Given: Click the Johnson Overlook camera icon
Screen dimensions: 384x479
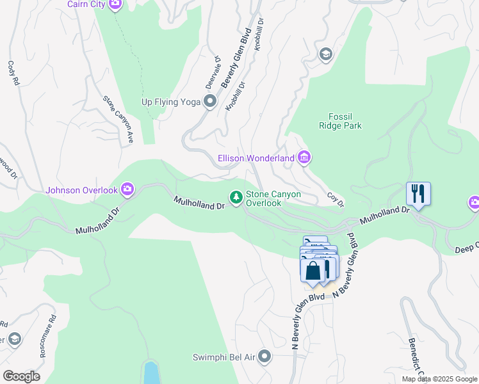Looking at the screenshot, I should click(x=127, y=189).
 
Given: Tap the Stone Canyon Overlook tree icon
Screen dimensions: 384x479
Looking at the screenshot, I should click(x=236, y=197).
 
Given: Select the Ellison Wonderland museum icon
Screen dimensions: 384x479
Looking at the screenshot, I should click(x=304, y=157).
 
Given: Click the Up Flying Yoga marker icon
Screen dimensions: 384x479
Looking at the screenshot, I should click(x=209, y=101).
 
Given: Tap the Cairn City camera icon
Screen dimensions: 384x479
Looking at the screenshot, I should click(x=115, y=4).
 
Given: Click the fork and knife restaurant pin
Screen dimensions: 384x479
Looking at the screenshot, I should click(x=418, y=193).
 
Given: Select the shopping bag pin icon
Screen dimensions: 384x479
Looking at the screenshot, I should click(x=313, y=270).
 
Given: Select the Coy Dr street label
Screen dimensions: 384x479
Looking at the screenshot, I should click(x=336, y=200).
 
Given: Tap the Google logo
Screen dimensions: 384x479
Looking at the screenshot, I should click(x=21, y=376).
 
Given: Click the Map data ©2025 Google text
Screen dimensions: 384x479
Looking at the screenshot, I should click(x=439, y=379).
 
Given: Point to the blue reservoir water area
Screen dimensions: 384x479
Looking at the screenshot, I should click(x=151, y=372).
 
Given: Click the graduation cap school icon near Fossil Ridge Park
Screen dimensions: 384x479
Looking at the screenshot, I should click(x=326, y=54).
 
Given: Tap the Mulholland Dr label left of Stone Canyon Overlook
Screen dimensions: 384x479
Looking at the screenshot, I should click(x=199, y=202).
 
